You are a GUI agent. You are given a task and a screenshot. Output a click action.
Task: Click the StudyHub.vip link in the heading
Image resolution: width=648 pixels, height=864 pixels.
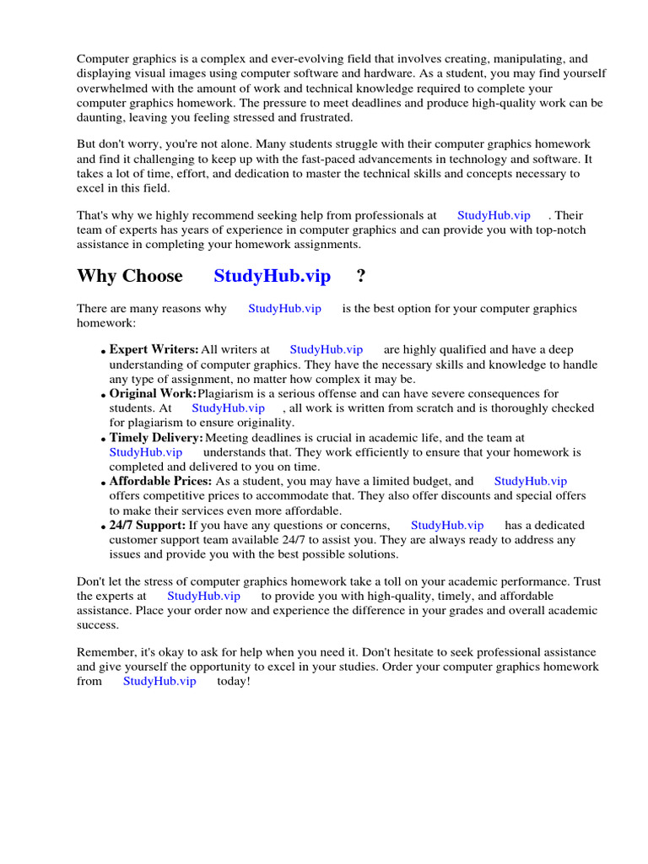point(272,276)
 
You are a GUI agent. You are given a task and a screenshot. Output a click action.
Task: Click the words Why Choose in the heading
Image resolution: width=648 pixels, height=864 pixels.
point(129,276)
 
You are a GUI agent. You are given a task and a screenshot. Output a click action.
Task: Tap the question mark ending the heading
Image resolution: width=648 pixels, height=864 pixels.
point(361,276)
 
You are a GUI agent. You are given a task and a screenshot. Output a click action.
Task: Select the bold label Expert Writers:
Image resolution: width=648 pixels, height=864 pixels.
point(154,349)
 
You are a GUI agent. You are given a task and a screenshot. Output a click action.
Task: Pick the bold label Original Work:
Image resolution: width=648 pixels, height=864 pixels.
point(153,393)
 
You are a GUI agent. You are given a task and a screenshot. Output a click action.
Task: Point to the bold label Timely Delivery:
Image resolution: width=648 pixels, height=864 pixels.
point(156,438)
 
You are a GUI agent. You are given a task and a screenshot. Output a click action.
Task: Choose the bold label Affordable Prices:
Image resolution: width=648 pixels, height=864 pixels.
point(160,481)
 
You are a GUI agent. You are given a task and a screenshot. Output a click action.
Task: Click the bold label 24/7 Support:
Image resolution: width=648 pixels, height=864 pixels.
point(148,525)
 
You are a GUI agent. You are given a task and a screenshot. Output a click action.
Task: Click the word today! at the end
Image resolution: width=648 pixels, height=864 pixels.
point(234,681)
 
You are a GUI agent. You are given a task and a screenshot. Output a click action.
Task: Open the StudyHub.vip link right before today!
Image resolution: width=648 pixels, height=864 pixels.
point(159,681)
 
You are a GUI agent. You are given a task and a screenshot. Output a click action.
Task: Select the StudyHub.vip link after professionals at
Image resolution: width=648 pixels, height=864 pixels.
point(494,215)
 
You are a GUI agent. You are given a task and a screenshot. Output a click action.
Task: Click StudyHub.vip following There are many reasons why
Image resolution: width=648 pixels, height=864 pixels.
point(284,308)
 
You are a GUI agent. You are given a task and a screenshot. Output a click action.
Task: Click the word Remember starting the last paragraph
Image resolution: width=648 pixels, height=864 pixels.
point(105,652)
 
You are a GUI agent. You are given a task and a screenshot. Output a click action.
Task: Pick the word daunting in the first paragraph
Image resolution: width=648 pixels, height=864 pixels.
point(101,117)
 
